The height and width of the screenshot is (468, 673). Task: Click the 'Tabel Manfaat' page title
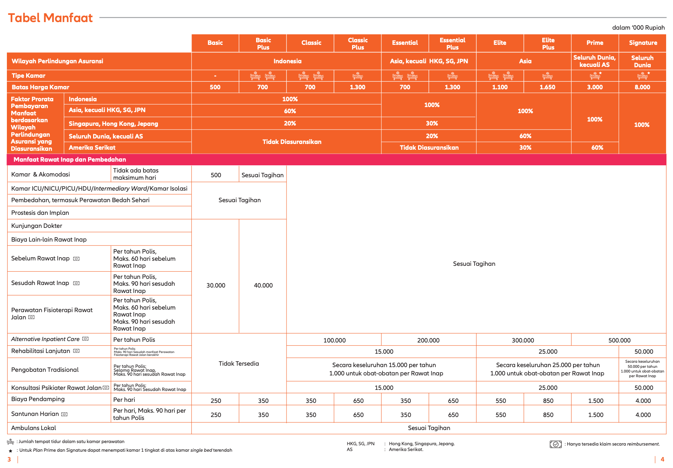pos(50,18)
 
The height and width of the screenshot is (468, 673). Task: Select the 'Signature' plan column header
pos(643,43)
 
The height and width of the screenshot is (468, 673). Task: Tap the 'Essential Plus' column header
pos(452,43)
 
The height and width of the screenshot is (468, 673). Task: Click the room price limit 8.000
pos(642,87)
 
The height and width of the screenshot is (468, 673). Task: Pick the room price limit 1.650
pos(547,87)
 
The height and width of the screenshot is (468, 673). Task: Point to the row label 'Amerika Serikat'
pos(92,148)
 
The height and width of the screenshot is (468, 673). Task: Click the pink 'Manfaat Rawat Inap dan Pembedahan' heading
pos(70,159)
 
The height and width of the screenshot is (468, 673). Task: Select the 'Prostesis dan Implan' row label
pos(40,213)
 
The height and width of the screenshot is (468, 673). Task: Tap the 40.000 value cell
pos(263,285)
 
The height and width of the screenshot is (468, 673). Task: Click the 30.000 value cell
pos(216,285)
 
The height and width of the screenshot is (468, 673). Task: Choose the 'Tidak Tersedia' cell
pos(239,363)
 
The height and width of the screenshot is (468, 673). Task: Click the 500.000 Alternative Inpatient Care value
pos(619,340)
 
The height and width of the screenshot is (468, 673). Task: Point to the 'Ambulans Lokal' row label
pos(34,428)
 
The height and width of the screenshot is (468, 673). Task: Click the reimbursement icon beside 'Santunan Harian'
pos(64,414)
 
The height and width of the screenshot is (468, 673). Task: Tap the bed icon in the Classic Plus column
pos(358,76)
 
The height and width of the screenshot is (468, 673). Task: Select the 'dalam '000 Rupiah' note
pos(638,27)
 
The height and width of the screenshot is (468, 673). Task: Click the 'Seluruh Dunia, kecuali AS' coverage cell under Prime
pos(594,61)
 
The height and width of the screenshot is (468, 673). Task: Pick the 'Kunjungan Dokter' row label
pos(37,226)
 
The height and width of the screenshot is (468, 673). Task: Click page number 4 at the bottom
pos(662,459)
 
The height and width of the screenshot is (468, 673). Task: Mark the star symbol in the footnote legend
pos(11,451)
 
